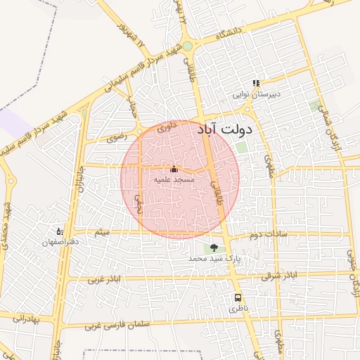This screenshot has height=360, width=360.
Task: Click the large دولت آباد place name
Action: tap(234, 131)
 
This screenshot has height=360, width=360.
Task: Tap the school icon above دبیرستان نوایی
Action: tap(257, 83)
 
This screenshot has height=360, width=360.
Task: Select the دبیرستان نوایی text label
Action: tap(257, 94)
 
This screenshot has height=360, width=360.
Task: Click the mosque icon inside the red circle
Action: tap(174, 169)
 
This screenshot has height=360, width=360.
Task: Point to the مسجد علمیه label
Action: tap(174, 180)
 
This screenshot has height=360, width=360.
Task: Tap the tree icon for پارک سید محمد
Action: tap(214, 247)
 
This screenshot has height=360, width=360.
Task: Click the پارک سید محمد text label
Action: tap(214, 259)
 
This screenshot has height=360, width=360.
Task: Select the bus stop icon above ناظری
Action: tap(238, 297)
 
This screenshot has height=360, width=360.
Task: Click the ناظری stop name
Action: tap(238, 309)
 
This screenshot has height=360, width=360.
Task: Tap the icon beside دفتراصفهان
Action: tap(60, 231)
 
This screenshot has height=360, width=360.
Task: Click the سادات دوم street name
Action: tap(264, 234)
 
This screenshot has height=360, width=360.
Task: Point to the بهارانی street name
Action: tap(27, 319)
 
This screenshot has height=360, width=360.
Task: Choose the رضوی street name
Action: tap(116, 139)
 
